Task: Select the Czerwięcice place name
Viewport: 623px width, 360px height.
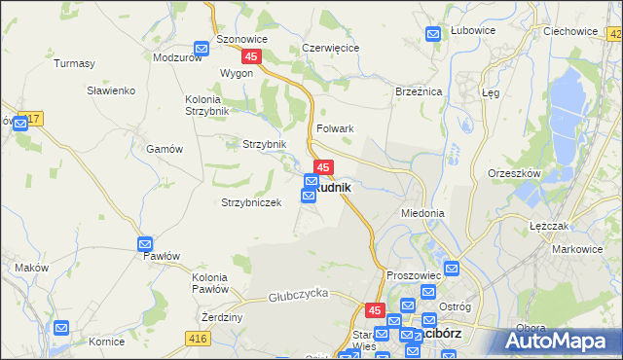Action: point(331,47)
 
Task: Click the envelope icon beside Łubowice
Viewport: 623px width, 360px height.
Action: point(434,35)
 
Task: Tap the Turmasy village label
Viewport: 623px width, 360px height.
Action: point(75,63)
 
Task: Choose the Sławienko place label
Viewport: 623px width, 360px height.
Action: point(116,90)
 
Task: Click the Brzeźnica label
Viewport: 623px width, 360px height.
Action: point(420,90)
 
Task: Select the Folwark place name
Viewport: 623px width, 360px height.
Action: point(334,128)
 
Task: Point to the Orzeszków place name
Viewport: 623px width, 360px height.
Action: point(514,173)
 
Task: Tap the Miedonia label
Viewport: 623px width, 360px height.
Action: point(422,212)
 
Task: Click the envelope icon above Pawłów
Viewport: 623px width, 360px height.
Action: point(145,243)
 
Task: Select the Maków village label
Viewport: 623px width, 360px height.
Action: point(32,267)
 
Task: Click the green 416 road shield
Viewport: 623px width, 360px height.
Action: point(199,338)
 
